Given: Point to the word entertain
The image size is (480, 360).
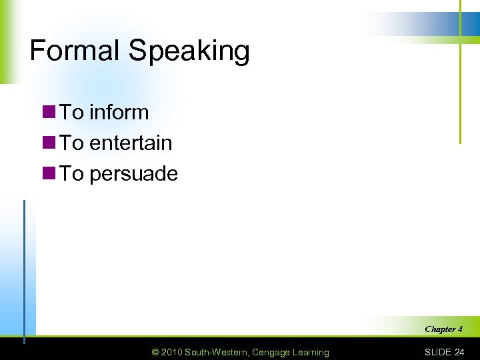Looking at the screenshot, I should [x=131, y=143].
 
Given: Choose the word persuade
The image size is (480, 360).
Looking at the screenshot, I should [x=133, y=174].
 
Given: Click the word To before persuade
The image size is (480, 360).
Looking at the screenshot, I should [x=72, y=173].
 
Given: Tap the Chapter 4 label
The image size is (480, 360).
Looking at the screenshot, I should [x=443, y=329].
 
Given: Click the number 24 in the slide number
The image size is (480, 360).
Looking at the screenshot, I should [x=459, y=352].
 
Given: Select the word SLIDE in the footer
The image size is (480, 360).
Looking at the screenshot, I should [x=438, y=352].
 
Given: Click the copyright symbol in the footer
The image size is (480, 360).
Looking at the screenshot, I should [x=155, y=352].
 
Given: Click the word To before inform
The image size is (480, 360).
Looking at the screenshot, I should [x=72, y=112].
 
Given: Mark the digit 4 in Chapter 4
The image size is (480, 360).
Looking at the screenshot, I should [x=460, y=329].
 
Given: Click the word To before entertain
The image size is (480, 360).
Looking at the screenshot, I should [x=72, y=143].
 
